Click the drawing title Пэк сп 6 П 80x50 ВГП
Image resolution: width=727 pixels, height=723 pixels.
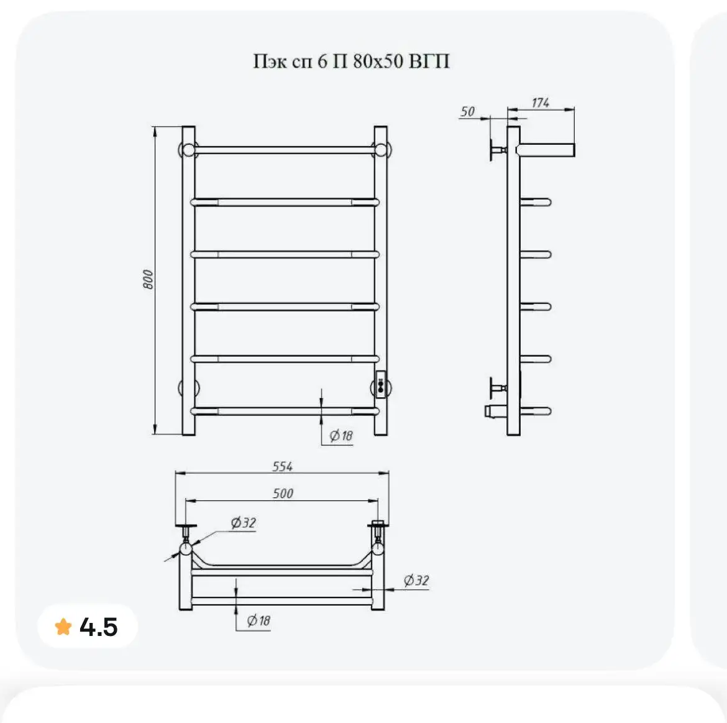coord(351,61)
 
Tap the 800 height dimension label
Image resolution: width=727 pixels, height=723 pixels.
coord(148,279)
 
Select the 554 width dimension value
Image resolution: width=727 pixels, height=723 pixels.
coord(282,466)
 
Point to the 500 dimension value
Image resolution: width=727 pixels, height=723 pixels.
coord(283,493)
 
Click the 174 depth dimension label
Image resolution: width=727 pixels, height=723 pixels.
coord(540,103)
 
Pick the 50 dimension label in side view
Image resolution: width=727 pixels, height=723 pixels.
coord(467,111)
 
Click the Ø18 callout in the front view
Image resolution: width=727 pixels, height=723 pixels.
coord(341,435)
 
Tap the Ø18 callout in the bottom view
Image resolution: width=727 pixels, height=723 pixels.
coord(258,620)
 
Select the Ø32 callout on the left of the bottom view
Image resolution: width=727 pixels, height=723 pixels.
coord(243,523)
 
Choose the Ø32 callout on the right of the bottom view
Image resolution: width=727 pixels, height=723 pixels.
coord(416,580)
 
